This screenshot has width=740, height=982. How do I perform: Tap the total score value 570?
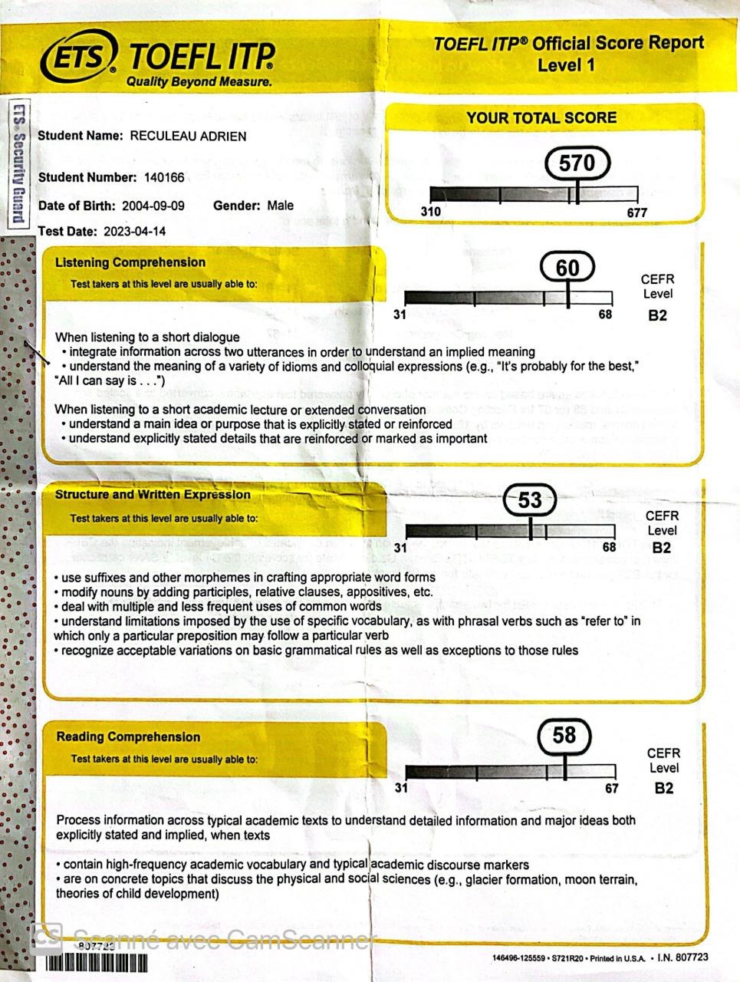pyautogui.click(x=577, y=163)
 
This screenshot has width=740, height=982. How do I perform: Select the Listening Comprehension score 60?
pyautogui.click(x=567, y=268)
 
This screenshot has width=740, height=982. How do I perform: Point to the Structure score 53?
pyautogui.click(x=530, y=501)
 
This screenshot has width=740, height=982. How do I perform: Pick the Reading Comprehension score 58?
pyautogui.click(x=564, y=735)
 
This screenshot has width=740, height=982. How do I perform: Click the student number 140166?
pyautogui.click(x=164, y=177)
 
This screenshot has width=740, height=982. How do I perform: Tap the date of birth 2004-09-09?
pyautogui.click(x=153, y=206)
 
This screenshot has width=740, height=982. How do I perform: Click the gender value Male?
pyautogui.click(x=280, y=206)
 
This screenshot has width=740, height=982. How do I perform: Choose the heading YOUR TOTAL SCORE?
pyautogui.click(x=541, y=118)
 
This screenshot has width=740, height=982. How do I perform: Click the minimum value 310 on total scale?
pyautogui.click(x=431, y=210)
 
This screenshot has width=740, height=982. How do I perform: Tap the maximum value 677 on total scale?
pyautogui.click(x=637, y=213)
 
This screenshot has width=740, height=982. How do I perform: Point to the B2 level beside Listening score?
pyautogui.click(x=657, y=315)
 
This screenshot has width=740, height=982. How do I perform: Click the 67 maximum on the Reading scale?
pyautogui.click(x=611, y=788)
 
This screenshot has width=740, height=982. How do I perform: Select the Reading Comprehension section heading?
pyautogui.click(x=128, y=736)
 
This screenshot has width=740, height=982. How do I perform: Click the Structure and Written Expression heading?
pyautogui.click(x=153, y=495)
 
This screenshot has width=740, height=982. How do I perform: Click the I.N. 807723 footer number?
pyautogui.click(x=683, y=957)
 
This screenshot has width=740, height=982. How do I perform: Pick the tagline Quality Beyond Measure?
pyautogui.click(x=199, y=81)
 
